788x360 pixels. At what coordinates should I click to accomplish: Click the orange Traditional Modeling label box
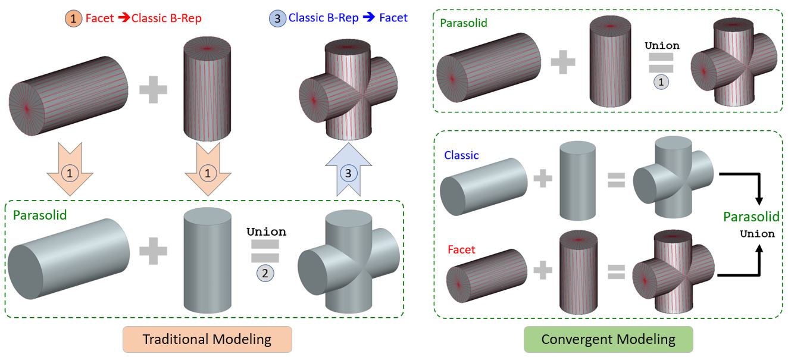pos(207,340)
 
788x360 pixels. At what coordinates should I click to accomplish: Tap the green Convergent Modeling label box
pos(608,340)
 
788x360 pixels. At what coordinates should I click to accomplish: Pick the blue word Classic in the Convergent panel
pos(461,155)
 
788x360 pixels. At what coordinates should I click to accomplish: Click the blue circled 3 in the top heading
pos(277,18)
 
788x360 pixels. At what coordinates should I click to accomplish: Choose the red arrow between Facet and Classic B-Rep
pos(124,18)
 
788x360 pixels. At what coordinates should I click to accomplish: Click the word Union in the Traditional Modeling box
pos(266,231)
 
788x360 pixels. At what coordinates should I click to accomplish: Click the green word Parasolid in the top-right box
pos(463,23)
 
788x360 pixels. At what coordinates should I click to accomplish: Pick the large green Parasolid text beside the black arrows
pos(751,217)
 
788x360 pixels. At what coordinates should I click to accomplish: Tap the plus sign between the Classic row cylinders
pos(542,177)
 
